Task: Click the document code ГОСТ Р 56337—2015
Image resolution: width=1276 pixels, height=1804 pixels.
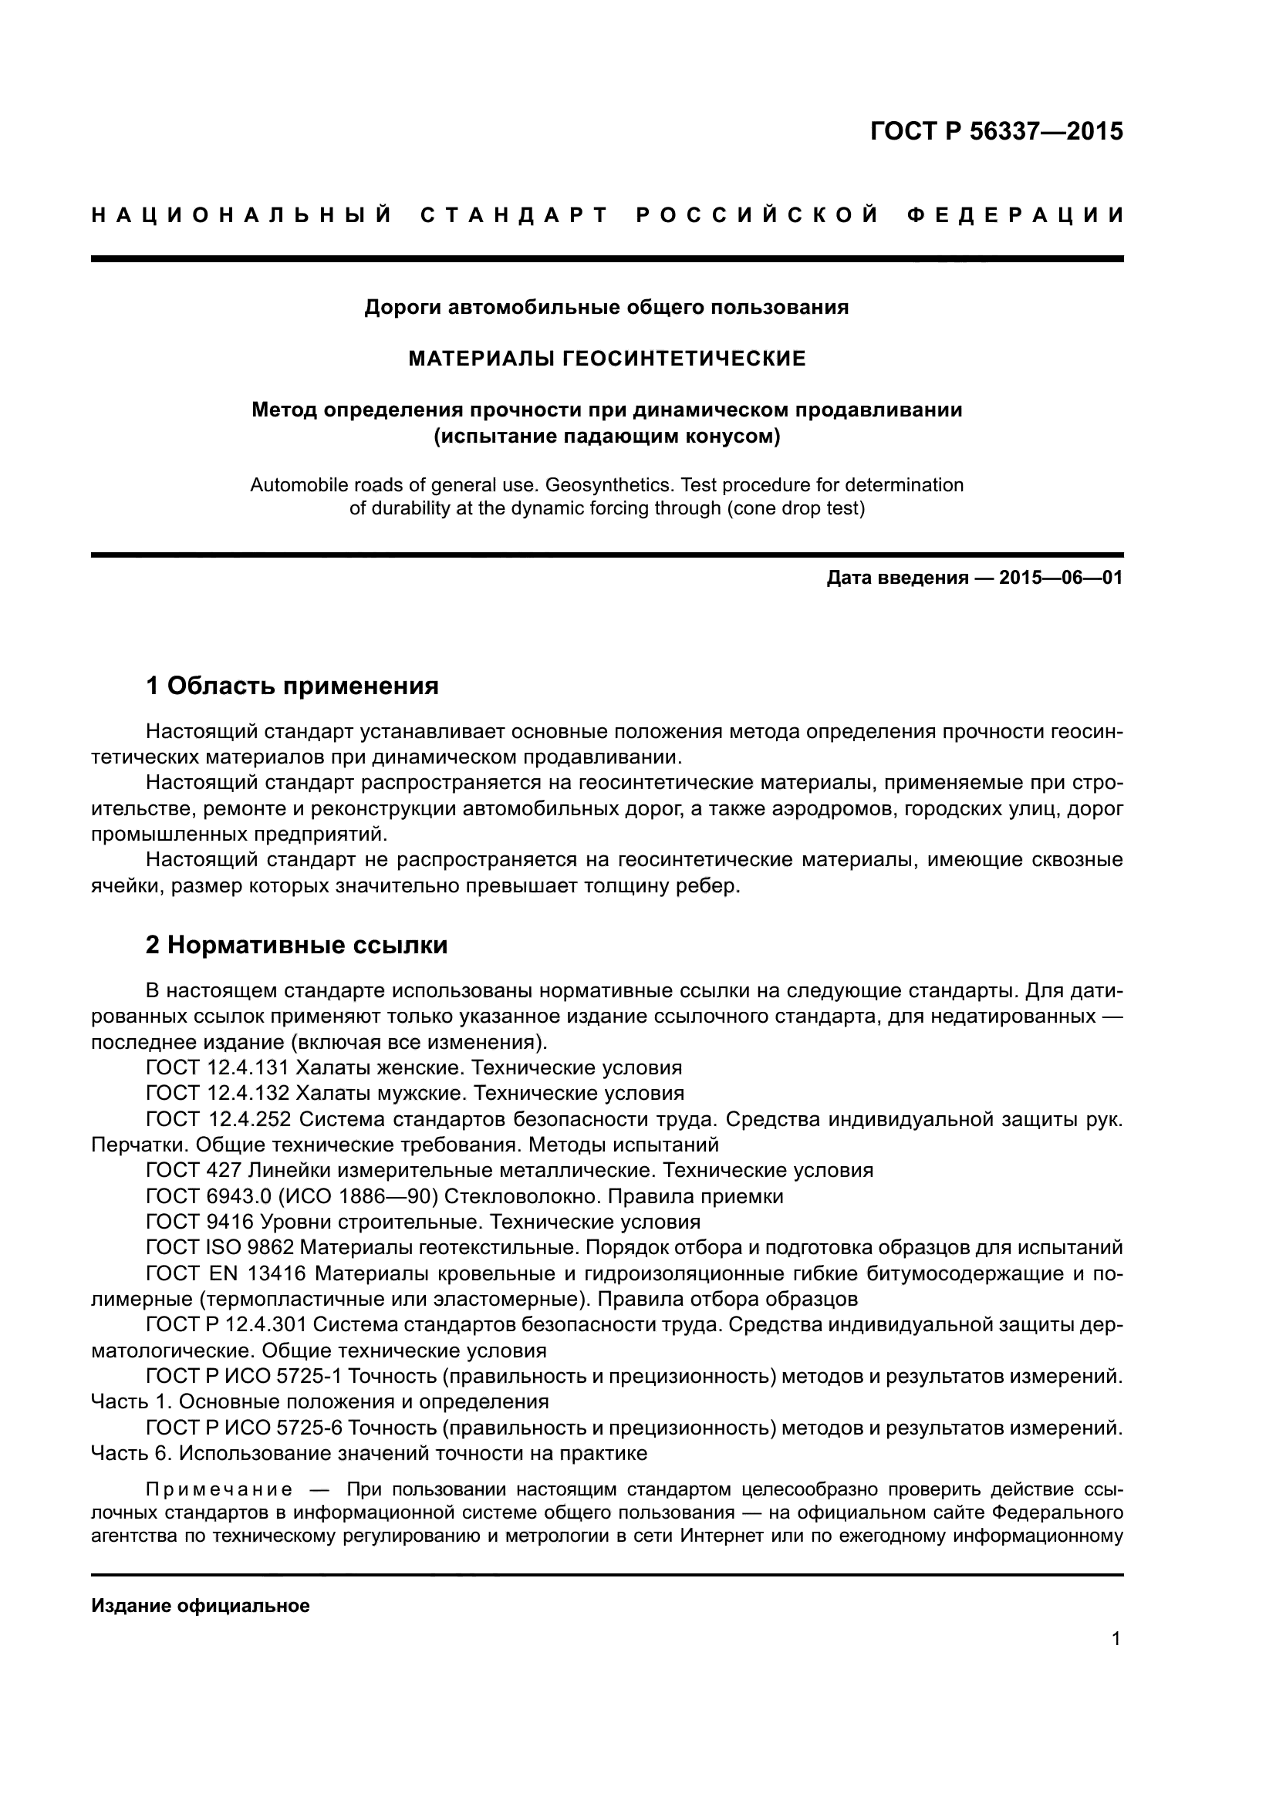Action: tap(996, 131)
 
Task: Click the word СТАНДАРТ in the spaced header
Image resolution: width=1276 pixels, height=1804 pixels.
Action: tap(515, 214)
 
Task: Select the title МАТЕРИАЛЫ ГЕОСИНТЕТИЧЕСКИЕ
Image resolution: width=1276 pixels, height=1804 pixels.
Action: tap(606, 359)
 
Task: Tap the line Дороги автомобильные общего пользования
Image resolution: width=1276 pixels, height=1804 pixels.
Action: tap(606, 307)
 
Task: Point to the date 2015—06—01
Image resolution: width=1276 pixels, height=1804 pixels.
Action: tap(1061, 578)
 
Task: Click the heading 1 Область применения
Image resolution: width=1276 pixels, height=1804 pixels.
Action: tap(292, 686)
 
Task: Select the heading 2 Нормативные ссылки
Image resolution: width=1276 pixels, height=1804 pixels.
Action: tap(296, 945)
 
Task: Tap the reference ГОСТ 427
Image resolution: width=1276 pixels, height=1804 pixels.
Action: tap(194, 1171)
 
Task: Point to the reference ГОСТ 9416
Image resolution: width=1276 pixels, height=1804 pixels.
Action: tap(200, 1222)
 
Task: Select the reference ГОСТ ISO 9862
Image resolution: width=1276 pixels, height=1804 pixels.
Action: tap(220, 1248)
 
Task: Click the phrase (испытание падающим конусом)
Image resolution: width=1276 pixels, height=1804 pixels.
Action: tap(606, 436)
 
